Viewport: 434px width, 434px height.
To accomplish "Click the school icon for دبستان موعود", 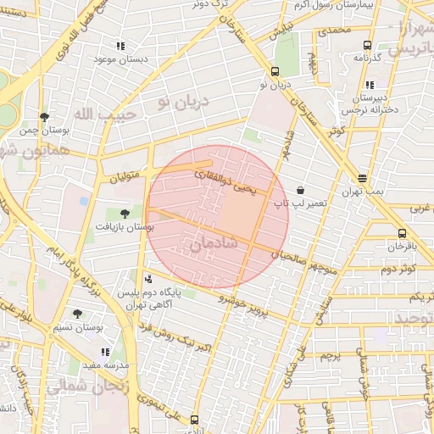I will pos(120,45).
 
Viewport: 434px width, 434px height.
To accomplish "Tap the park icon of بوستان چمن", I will pos(44,117).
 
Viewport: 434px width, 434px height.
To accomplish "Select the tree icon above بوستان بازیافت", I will pos(125,214).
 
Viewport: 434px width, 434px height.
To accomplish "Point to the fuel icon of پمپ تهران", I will pos(363,178).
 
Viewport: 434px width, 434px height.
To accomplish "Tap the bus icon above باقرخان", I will pos(401,233).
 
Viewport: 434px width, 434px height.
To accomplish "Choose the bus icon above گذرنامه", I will pos(367,45).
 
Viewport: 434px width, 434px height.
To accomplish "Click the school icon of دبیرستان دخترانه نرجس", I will pos(370,85).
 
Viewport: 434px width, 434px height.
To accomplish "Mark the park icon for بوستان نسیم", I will pos(77,314).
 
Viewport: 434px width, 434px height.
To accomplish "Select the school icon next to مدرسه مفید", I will pos(105,351).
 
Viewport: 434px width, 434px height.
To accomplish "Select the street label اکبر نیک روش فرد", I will pos(179,337).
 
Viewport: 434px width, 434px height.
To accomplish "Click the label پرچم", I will pos(330,356).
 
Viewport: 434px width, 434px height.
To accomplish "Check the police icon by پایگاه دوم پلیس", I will pos(149,278).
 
